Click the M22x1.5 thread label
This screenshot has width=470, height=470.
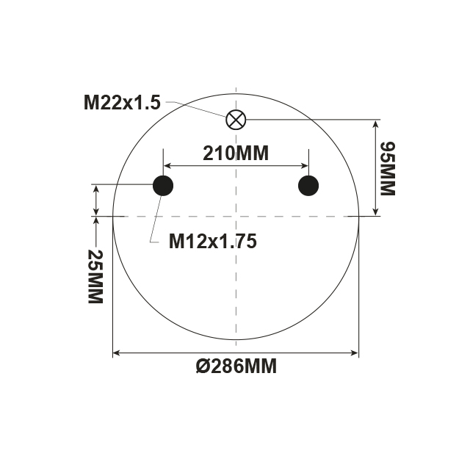(x=121, y=103)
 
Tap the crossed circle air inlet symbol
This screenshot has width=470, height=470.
(x=236, y=119)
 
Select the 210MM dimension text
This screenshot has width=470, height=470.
(x=236, y=153)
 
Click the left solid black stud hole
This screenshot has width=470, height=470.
(x=162, y=186)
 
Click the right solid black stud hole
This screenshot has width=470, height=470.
(x=308, y=186)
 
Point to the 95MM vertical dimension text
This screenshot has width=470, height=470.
(x=387, y=167)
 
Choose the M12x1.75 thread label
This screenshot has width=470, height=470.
(x=212, y=241)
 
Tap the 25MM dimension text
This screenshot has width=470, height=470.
(x=95, y=277)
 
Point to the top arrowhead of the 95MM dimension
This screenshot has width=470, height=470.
(x=375, y=123)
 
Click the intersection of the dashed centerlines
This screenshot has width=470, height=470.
(x=236, y=216)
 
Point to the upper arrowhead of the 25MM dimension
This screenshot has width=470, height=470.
(x=95, y=188)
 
